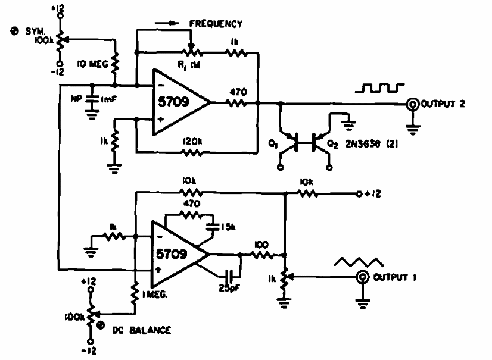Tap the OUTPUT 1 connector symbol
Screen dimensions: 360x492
coord(363,277)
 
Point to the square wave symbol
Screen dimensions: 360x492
coord(380,89)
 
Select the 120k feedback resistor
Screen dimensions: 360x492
coord(191,153)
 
